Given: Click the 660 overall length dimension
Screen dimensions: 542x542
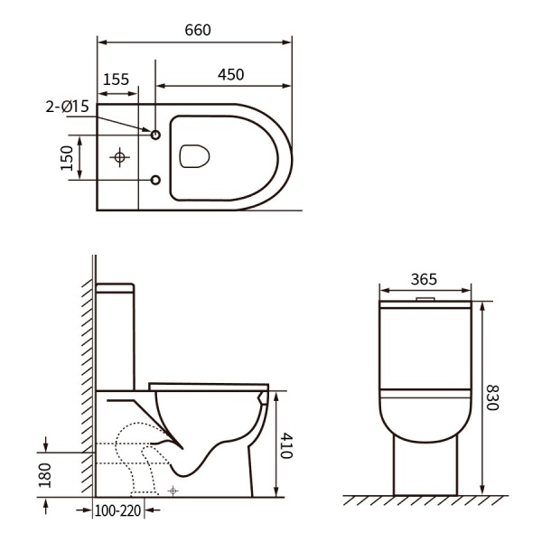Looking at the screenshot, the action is [x=198, y=30].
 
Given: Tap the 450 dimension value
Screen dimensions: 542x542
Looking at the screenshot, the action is [x=230, y=75].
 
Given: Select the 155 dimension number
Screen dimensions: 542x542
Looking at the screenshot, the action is [x=117, y=79].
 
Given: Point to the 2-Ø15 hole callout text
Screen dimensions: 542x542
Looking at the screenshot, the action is [x=68, y=107].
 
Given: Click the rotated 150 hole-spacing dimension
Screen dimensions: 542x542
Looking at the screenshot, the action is [x=67, y=158].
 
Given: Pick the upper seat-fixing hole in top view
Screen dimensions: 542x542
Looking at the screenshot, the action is [x=155, y=135].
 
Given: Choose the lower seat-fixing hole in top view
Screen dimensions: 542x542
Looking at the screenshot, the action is [x=155, y=180].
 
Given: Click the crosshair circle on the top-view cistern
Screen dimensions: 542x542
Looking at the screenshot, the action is [x=119, y=157].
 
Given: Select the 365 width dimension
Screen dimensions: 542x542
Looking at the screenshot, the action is [x=424, y=279].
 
